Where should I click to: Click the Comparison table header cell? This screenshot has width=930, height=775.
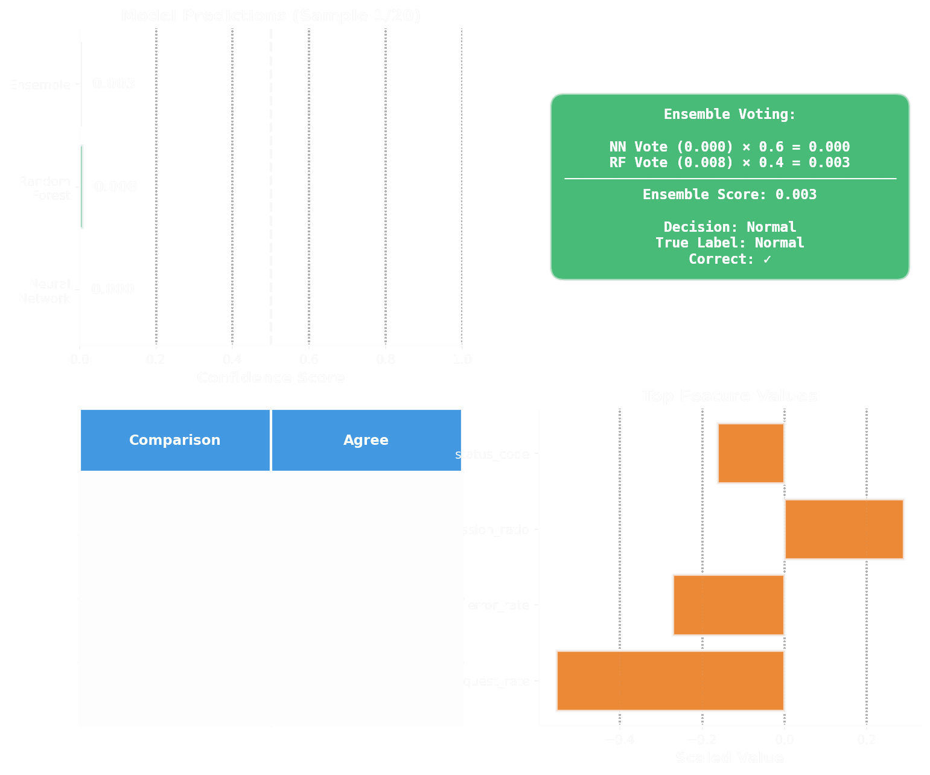click(174, 440)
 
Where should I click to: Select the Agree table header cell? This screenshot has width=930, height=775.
click(366, 440)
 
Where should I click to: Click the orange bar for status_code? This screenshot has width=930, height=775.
click(751, 453)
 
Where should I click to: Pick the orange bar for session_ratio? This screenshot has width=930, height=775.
click(844, 529)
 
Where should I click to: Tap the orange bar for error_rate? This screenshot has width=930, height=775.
click(728, 605)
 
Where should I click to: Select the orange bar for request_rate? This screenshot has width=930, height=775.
click(670, 681)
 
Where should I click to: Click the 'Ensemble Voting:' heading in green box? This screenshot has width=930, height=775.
click(730, 115)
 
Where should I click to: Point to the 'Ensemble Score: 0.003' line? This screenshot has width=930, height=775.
click(730, 194)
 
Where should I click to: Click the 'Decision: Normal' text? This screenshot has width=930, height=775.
click(730, 227)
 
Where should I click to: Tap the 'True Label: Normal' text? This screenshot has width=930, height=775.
click(730, 243)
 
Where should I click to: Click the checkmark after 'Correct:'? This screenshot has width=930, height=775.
click(767, 259)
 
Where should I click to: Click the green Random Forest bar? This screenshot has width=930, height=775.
click(81, 187)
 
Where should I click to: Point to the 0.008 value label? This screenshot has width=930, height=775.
click(115, 187)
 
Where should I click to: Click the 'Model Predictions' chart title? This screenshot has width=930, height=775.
click(270, 16)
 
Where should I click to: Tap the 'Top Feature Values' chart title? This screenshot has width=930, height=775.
click(730, 396)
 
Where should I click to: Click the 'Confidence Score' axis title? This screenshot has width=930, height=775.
click(270, 378)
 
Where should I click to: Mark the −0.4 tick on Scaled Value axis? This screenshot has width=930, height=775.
click(619, 739)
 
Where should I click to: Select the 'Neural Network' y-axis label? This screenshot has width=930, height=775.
click(44, 292)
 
